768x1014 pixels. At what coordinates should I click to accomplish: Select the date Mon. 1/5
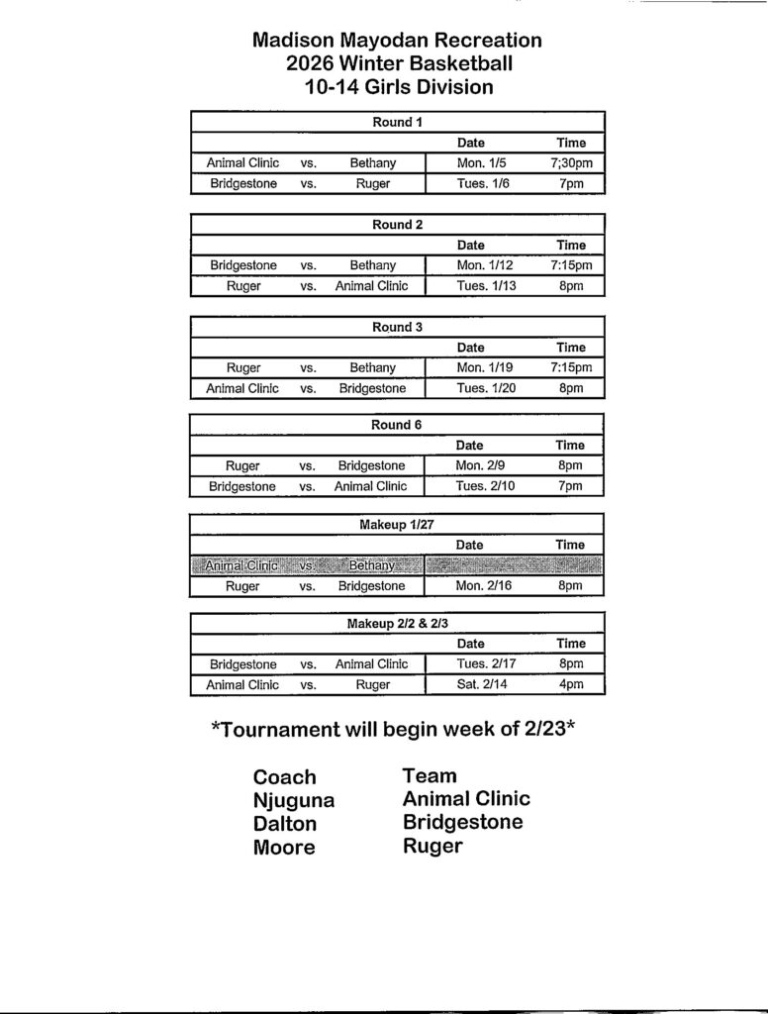[x=481, y=162]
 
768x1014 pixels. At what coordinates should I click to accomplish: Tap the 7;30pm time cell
[x=570, y=162]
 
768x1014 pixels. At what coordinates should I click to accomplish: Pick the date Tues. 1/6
[x=483, y=183]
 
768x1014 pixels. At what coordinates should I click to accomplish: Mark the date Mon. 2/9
[x=481, y=465]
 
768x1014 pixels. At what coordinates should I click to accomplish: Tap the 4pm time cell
[x=570, y=684]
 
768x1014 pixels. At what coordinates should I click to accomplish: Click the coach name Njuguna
[x=294, y=801]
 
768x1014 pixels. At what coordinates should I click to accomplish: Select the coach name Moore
[x=284, y=848]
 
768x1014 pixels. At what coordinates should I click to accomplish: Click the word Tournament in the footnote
[x=277, y=731]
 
